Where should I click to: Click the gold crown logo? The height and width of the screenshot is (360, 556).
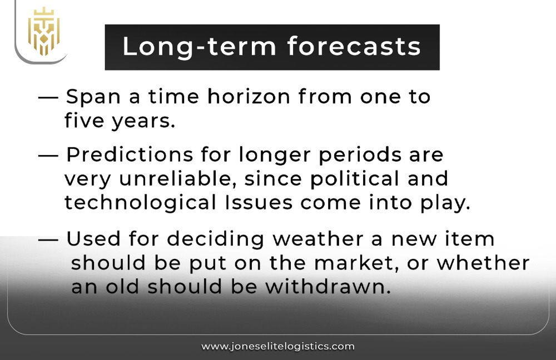point(44,31)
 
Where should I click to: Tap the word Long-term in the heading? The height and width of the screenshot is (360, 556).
point(197,47)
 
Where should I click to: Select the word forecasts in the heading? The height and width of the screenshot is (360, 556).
point(354,47)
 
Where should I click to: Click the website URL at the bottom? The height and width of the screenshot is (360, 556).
point(278,346)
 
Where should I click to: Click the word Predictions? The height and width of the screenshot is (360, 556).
point(128,155)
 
